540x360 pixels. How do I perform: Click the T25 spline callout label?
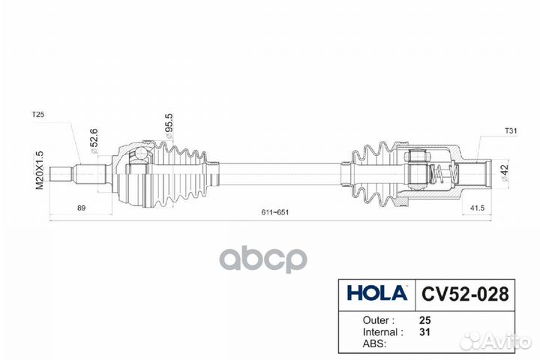[x=38, y=115]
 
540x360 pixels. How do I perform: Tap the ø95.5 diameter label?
[x=169, y=126]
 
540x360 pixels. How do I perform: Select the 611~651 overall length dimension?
[x=276, y=213]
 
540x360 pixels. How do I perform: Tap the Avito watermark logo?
[x=495, y=340]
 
